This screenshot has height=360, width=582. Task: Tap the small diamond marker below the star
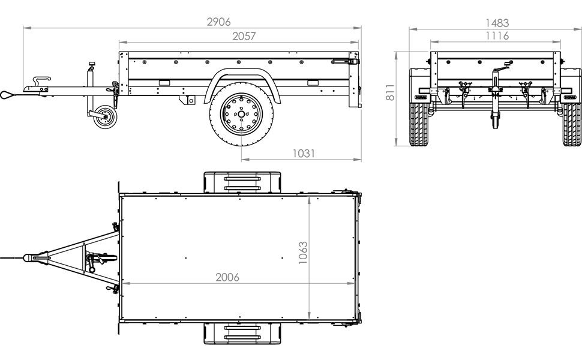click(x=242, y=141)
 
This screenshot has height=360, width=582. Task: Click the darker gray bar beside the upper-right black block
click(x=407, y=88)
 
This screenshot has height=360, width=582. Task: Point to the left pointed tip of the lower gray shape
click(x=122, y=281)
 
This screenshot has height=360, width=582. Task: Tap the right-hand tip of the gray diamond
click(x=354, y=280)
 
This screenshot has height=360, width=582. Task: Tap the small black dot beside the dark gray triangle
click(x=320, y=199)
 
